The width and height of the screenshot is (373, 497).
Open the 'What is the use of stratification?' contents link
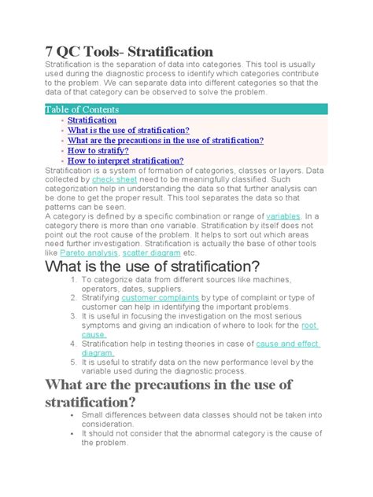click(134, 131)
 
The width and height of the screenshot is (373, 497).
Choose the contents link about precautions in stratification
click(165, 141)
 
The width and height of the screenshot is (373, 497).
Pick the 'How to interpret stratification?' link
click(125, 160)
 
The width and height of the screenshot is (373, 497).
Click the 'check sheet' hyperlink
click(115, 180)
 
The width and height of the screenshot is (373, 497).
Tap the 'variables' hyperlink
click(283, 215)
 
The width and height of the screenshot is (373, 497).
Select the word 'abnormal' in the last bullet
click(231, 433)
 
